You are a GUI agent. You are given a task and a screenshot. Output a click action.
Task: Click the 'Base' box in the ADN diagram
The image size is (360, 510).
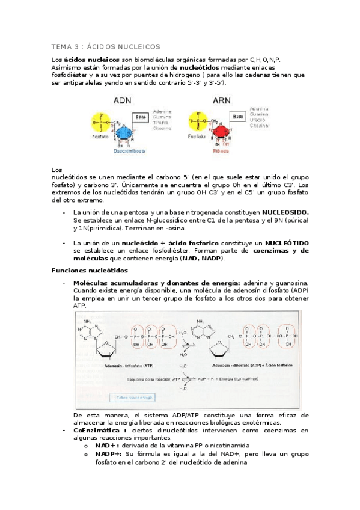coord(141,117)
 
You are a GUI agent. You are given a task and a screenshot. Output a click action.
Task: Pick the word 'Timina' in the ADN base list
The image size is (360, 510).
coord(160,123)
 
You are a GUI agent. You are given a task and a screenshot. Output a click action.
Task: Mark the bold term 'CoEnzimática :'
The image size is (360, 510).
coord(100,431)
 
